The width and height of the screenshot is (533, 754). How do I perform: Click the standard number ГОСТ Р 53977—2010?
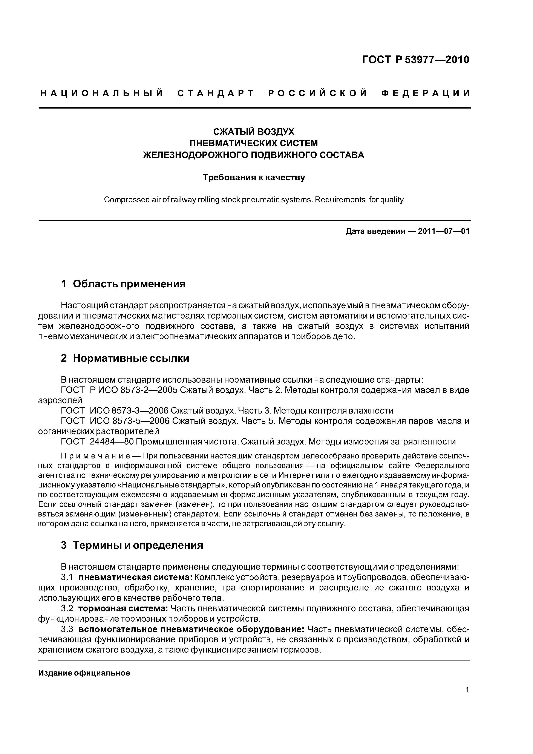click(415, 60)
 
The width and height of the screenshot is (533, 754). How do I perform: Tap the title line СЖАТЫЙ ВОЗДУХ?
click(254, 132)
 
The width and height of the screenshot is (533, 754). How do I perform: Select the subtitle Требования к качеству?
click(254, 178)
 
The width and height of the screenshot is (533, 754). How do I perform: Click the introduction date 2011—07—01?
click(444, 231)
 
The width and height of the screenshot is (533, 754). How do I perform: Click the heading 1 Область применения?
click(123, 284)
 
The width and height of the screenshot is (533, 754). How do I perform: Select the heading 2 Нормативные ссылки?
click(125, 358)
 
